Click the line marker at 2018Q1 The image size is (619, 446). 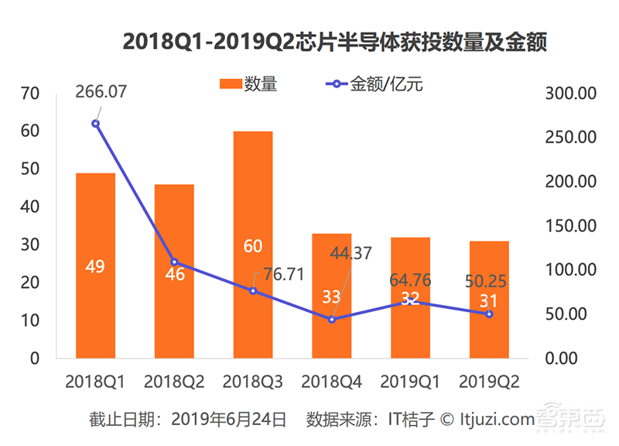pos(96,123)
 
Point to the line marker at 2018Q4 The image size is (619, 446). pos(332,319)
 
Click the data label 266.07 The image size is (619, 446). pos(101,92)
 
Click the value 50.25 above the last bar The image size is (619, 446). pos(484,281)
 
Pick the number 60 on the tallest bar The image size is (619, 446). pos(253,246)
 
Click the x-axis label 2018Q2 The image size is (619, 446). pos(174,382)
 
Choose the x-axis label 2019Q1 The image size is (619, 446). pos(410,382)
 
